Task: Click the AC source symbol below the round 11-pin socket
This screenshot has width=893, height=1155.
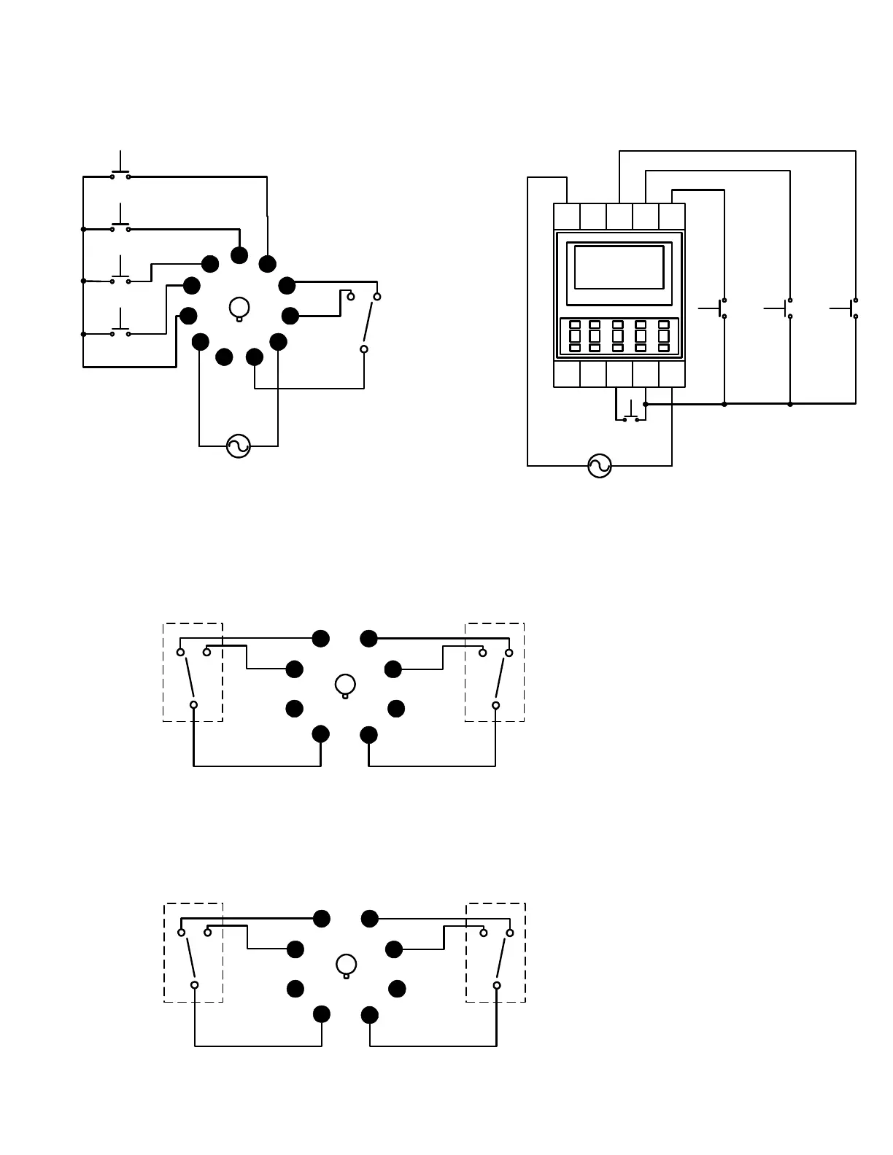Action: pyautogui.click(x=239, y=446)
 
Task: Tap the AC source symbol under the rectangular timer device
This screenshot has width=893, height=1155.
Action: pyautogui.click(x=600, y=466)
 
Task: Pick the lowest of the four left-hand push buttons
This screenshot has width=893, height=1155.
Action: pyautogui.click(x=120, y=330)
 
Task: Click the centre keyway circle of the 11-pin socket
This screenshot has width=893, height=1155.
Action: pyautogui.click(x=239, y=308)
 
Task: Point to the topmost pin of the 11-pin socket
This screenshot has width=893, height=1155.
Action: pyautogui.click(x=239, y=255)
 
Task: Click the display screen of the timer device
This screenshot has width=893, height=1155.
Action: pyautogui.click(x=619, y=268)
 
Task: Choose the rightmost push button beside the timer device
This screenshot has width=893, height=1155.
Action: pyautogui.click(x=852, y=308)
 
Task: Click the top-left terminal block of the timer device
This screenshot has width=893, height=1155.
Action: pyautogui.click(x=567, y=217)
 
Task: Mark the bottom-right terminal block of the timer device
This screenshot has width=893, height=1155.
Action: pyautogui.click(x=672, y=374)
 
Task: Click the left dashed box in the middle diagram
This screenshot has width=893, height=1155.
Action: pyautogui.click(x=193, y=672)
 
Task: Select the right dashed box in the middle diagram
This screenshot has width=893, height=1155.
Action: pyautogui.click(x=495, y=672)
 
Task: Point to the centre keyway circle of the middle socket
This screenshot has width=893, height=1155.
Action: pyautogui.click(x=345, y=685)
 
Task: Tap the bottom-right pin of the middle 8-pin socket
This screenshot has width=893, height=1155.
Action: pyautogui.click(x=369, y=735)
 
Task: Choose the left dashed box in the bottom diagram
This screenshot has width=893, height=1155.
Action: pyautogui.click(x=193, y=952)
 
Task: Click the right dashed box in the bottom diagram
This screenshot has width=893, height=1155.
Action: pyautogui.click(x=496, y=952)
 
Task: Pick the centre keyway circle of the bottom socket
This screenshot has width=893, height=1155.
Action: pyautogui.click(x=347, y=965)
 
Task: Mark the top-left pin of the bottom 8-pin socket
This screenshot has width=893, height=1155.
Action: pyautogui.click(x=322, y=919)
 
